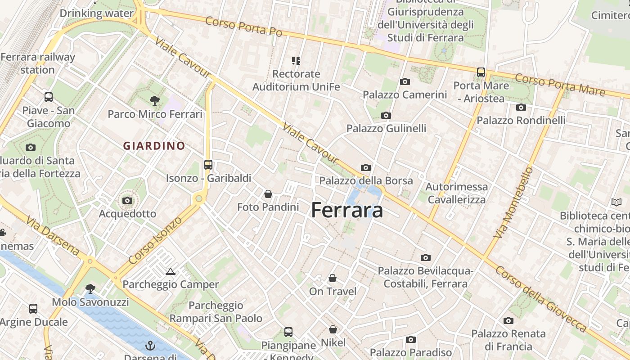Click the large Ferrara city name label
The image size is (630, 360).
point(347,210)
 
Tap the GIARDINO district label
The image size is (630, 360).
point(154,146)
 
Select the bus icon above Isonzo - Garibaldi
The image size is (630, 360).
point(208,165)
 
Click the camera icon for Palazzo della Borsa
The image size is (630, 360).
point(366,167)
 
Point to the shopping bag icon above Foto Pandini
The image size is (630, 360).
point(268,194)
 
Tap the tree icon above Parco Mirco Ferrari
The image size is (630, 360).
point(155,100)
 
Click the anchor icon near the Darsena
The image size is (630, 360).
point(150,346)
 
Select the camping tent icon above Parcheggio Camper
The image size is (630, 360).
point(170,271)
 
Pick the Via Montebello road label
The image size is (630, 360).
point(513,203)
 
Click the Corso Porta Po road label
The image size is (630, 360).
point(244,27)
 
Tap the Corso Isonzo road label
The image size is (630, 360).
point(155,240)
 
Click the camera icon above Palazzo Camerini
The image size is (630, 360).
point(405,81)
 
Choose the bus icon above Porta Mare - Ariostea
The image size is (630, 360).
point(481,72)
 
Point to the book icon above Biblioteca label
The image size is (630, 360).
point(616,202)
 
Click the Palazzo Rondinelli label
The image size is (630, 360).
point(521,120)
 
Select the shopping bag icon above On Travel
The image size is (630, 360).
point(333,278)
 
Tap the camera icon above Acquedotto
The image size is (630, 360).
point(127,200)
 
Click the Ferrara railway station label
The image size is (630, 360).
point(38,63)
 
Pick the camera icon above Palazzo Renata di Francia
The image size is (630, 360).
point(508,320)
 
